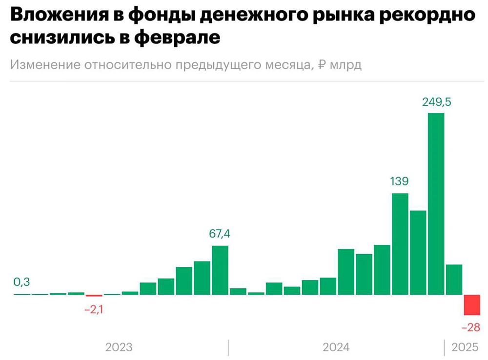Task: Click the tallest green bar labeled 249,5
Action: pyautogui.click(x=436, y=204)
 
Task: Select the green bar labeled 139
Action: pyautogui.click(x=400, y=244)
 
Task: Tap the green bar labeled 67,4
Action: pyautogui.click(x=220, y=270)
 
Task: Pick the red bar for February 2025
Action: pyautogui.click(x=472, y=305)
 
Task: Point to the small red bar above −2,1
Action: pyautogui.click(x=94, y=296)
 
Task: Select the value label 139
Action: pyautogui.click(x=400, y=182)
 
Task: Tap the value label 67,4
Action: pyautogui.click(x=220, y=234)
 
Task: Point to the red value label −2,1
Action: pyautogui.click(x=95, y=309)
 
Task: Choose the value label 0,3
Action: pyautogui.click(x=22, y=282)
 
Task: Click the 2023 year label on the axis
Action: pyautogui.click(x=119, y=347)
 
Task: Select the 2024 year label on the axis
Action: pyautogui.click(x=336, y=347)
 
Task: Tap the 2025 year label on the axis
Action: pyautogui.click(x=465, y=347)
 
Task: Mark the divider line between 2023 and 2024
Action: pyautogui.click(x=228, y=347)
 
